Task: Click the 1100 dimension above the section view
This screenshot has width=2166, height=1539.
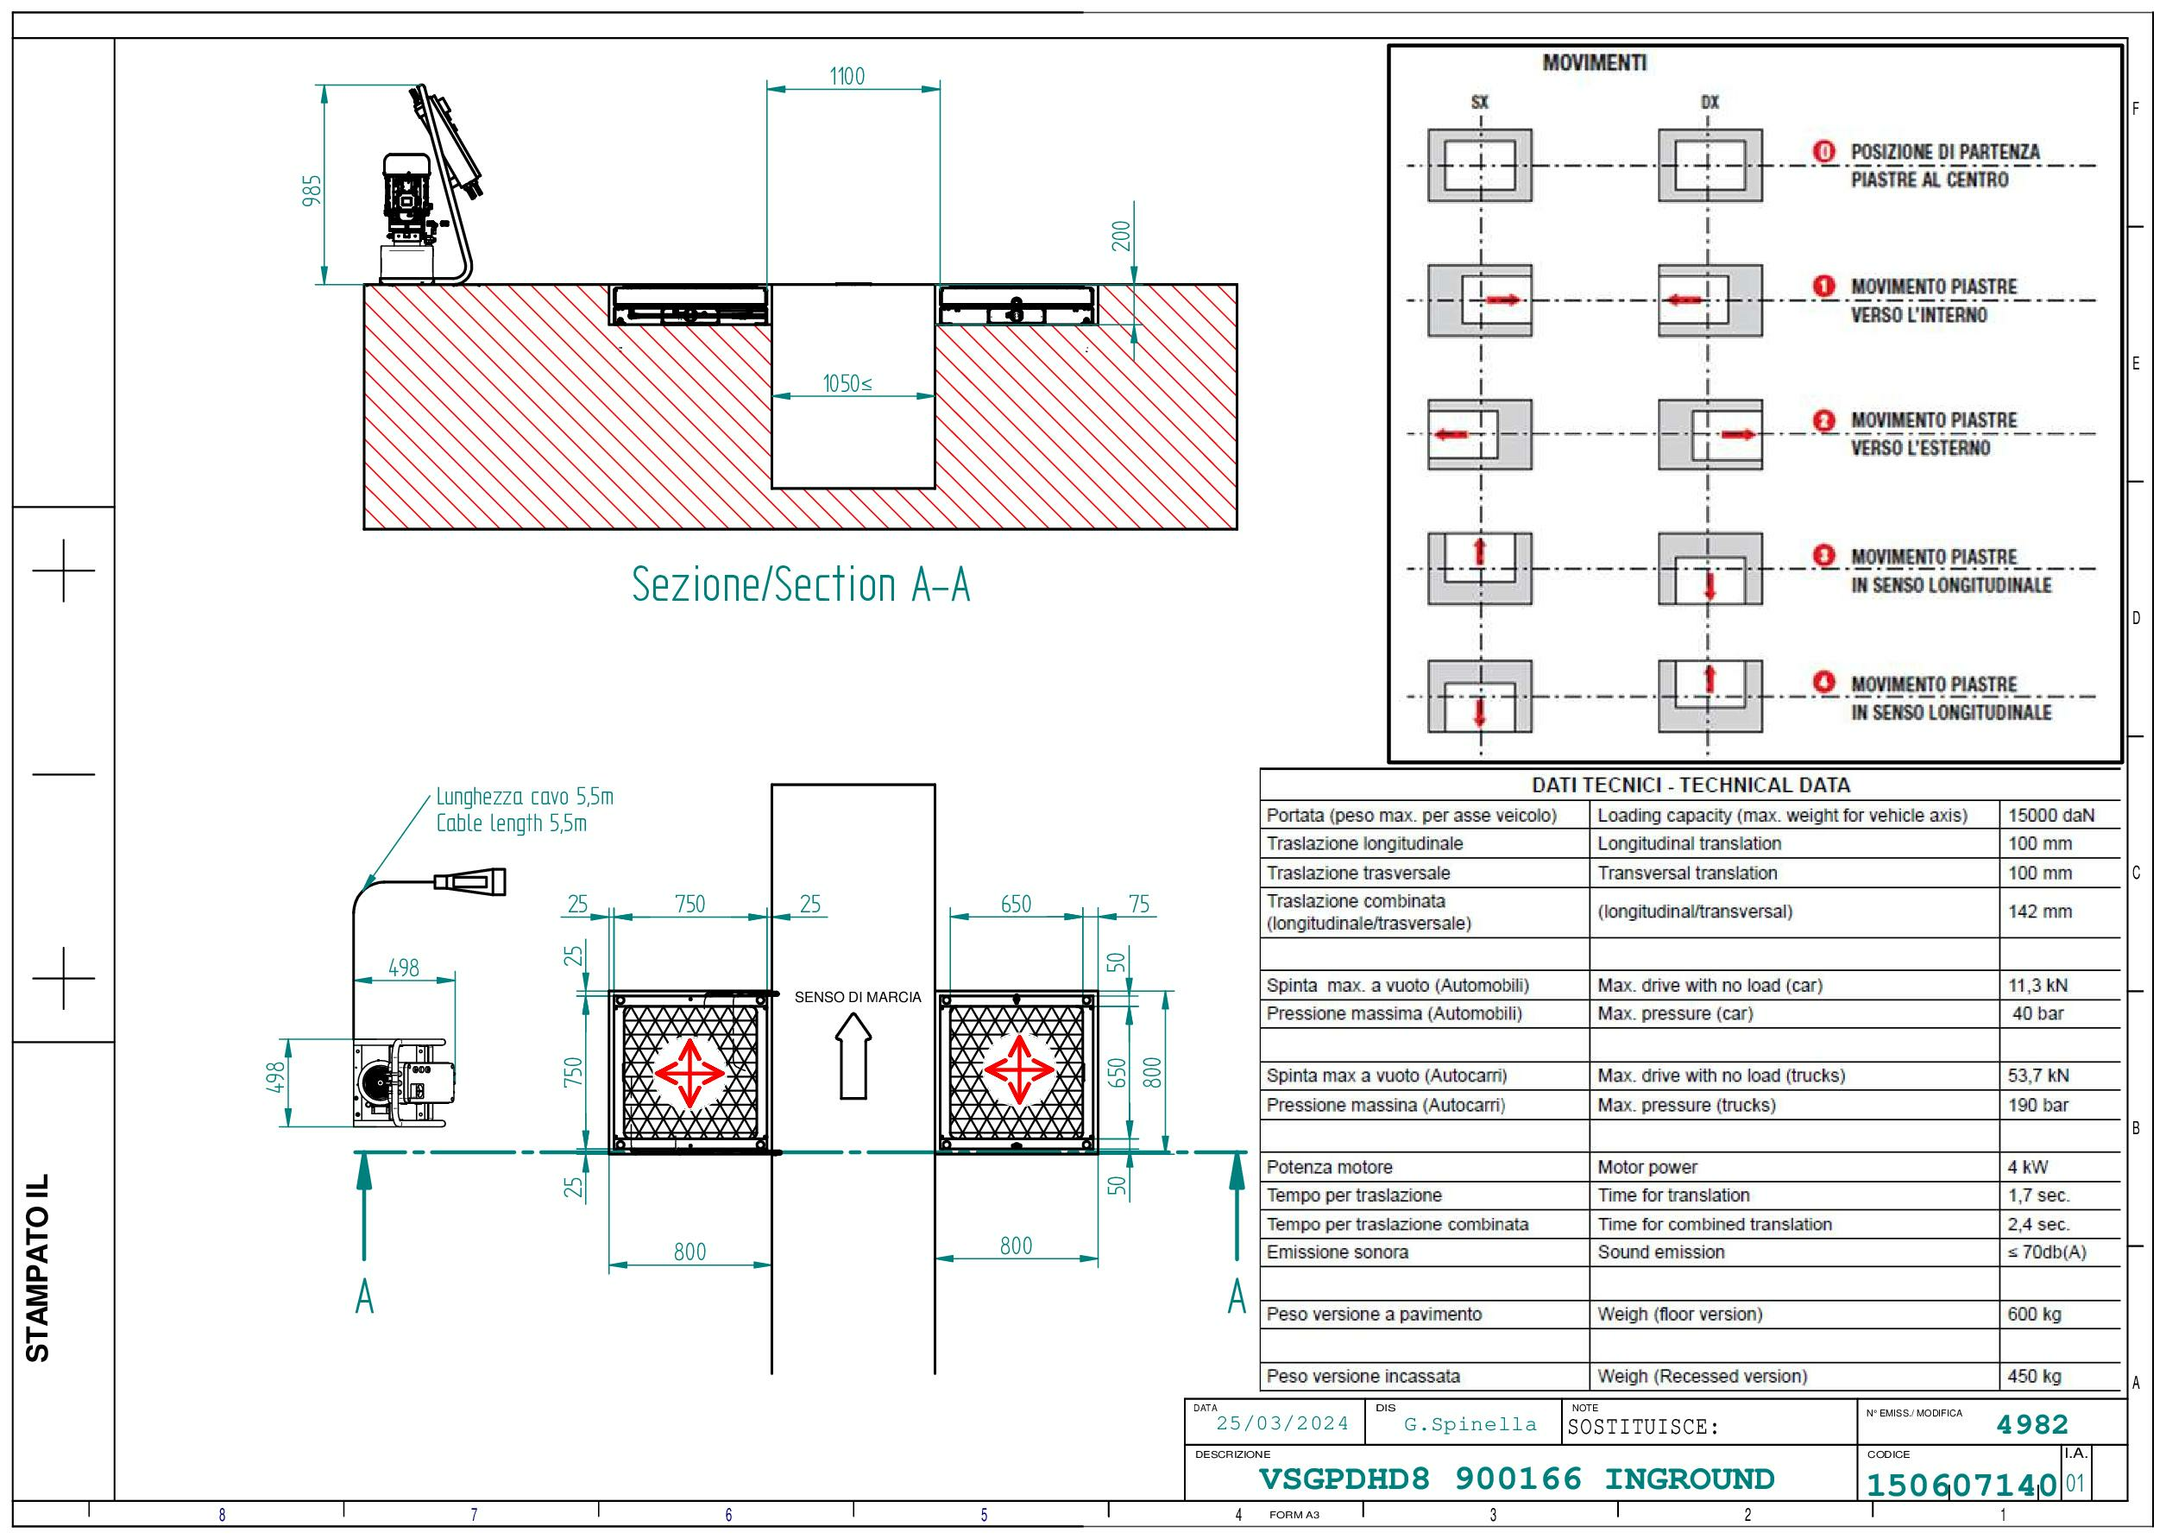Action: pos(847,77)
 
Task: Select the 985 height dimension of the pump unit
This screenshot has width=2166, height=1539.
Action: pos(312,190)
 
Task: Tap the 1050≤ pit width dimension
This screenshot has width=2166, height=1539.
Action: pos(847,384)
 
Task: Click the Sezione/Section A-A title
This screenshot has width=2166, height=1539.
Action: pos(801,583)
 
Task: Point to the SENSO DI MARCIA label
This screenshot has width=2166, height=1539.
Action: pos(858,997)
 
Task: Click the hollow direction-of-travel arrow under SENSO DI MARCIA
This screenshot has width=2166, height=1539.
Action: pos(853,1056)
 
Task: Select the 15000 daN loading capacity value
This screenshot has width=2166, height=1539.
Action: pos(2051,815)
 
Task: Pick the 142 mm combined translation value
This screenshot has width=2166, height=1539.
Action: pos(2040,911)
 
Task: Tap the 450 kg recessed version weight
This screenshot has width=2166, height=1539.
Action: pos(2034,1376)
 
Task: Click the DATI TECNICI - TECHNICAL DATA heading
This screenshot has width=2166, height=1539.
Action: pos(1691,785)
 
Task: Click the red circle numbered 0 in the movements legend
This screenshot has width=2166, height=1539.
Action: pos(1824,152)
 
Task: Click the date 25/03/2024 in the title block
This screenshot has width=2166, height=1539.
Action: pos(1282,1423)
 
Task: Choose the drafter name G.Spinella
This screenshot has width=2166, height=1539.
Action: pos(1470,1424)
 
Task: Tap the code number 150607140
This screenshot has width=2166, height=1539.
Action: pos(1961,1484)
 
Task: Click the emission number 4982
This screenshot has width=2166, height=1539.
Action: pos(2032,1424)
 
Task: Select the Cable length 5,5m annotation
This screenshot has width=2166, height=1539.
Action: pos(512,823)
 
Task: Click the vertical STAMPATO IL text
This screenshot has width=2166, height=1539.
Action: pos(37,1268)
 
